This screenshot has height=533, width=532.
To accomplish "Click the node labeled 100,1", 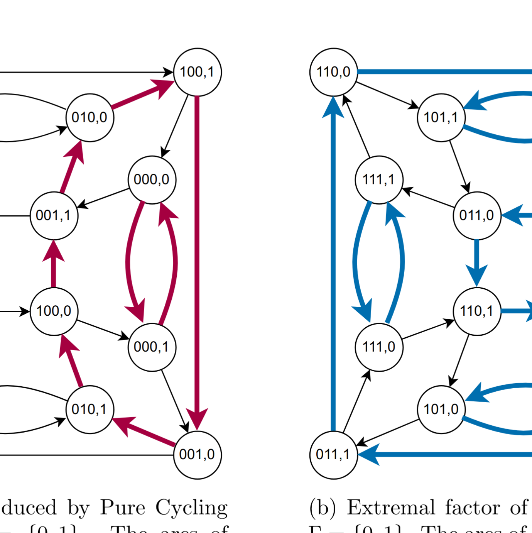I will click(197, 72).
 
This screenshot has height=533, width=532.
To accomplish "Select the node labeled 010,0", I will click(90, 117).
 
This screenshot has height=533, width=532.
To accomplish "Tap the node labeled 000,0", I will click(152, 179).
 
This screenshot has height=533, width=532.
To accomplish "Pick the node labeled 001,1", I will click(54, 215).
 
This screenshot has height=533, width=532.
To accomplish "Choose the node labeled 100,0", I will click(54, 311).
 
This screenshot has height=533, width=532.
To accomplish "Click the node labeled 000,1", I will click(152, 347).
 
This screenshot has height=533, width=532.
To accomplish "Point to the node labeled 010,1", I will click(90, 409).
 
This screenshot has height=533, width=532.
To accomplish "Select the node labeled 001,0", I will click(197, 455).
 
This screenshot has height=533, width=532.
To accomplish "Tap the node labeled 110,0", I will click(334, 72).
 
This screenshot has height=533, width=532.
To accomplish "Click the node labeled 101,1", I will click(441, 117).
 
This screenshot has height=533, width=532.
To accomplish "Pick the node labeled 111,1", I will click(379, 179).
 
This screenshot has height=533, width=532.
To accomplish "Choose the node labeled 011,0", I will click(477, 215).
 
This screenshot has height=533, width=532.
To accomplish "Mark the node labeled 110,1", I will click(477, 311).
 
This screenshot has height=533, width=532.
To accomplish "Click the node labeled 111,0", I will click(379, 347).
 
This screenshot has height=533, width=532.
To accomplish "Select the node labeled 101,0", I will click(441, 409).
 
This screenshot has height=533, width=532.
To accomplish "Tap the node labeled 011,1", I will click(334, 455).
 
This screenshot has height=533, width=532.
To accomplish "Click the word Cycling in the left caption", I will click(191, 508).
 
